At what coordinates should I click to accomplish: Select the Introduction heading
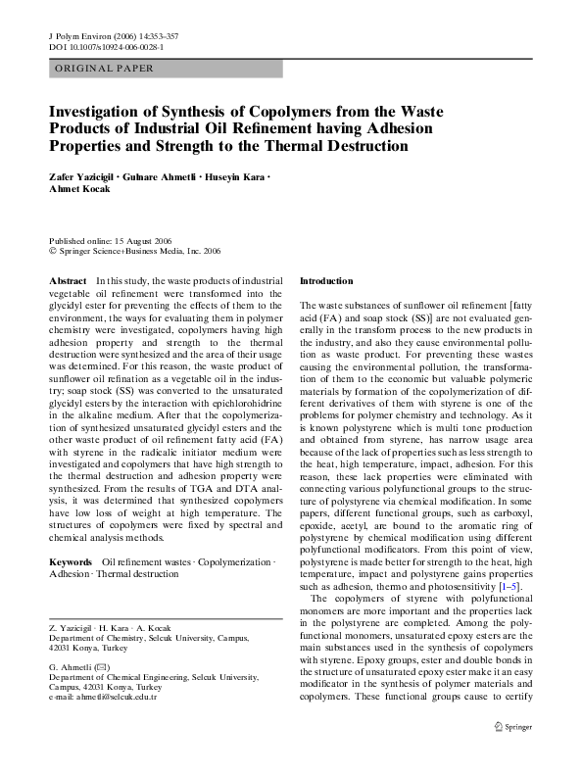325,280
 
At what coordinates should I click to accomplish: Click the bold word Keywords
72,562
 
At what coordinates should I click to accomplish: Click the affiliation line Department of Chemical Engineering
150,677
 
